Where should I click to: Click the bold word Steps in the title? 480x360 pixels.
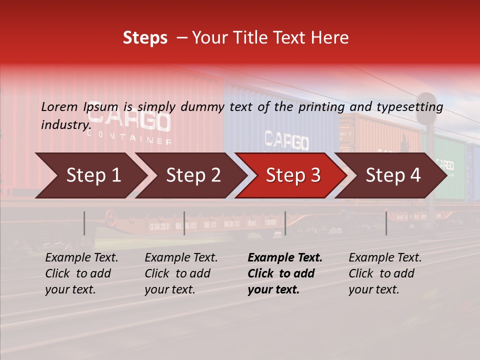145,38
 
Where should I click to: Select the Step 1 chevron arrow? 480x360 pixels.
90,175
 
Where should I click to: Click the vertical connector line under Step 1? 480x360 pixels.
84,223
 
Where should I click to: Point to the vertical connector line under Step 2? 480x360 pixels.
184,223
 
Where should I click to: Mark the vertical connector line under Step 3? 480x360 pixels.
285,223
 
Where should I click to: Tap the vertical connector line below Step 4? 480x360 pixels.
386,223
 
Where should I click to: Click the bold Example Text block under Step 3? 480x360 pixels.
284,273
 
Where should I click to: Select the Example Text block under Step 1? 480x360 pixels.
81,273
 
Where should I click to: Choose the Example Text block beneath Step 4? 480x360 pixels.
385,273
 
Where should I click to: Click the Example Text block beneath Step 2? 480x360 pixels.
181,273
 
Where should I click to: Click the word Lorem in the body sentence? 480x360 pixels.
59,107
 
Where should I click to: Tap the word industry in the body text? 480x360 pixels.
65,124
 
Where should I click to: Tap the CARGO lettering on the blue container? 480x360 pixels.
286,141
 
